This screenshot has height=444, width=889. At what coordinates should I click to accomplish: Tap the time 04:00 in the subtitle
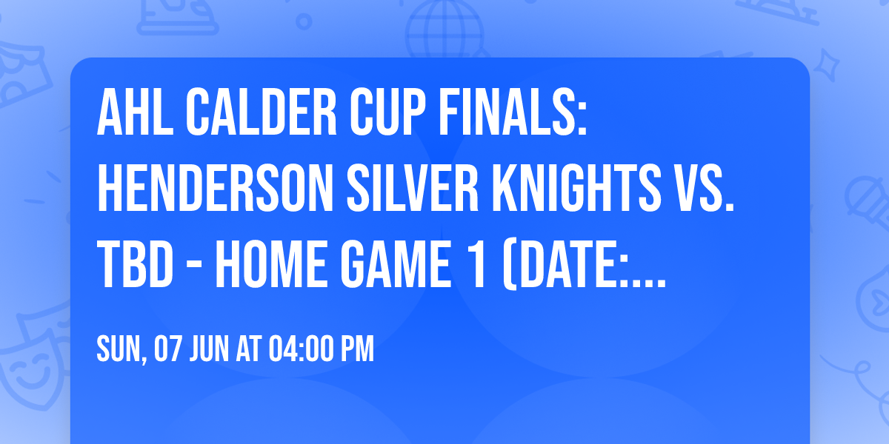297,349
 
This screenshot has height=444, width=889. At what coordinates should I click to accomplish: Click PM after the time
357,349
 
